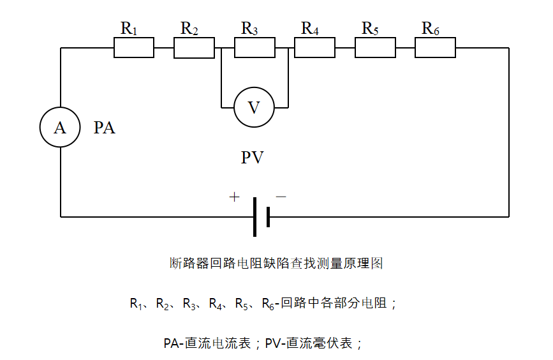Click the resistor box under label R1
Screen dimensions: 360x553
[134, 48]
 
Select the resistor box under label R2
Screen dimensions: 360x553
[194, 48]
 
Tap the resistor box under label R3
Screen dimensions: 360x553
[254, 48]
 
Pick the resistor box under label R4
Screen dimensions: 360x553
[314, 48]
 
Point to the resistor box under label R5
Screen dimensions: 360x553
[375, 48]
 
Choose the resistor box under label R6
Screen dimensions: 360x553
[435, 48]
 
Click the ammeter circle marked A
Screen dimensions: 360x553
[60, 128]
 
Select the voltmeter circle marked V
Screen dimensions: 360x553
[254, 107]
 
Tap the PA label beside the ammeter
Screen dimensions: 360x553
[105, 128]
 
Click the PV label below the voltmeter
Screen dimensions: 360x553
[253, 158]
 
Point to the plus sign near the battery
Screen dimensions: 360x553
[234, 197]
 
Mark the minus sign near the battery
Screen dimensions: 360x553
[281, 197]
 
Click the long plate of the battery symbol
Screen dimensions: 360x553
[254, 217]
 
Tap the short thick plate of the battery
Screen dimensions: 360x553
[269, 217]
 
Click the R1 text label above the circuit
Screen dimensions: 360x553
[129, 29]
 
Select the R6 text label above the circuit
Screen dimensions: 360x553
[431, 29]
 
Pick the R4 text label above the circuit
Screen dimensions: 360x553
[310, 29]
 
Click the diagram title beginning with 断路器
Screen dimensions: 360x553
[276, 263]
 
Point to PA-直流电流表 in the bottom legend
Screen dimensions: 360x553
[209, 343]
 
